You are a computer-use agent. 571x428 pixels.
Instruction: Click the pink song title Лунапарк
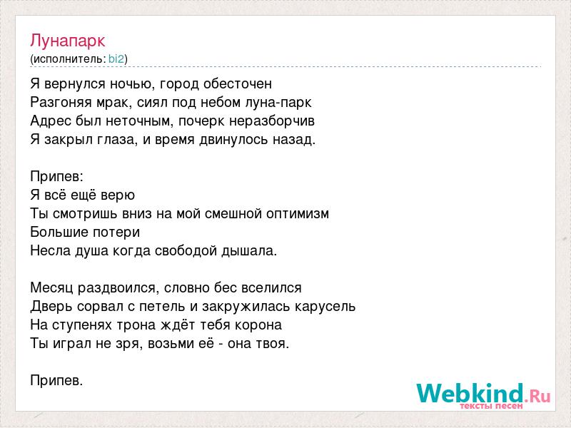68,41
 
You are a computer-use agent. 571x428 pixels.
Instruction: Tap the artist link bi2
116,59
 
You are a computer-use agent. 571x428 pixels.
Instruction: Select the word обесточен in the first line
238,84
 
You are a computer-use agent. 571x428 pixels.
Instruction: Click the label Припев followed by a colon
57,177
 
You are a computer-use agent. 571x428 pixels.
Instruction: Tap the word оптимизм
298,213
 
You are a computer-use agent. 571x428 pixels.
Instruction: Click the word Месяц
51,288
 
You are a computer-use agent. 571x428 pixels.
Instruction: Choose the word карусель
325,307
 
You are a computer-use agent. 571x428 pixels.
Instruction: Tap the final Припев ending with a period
56,381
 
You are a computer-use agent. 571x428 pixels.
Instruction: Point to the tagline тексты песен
491,406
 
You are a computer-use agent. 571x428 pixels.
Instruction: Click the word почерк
201,121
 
